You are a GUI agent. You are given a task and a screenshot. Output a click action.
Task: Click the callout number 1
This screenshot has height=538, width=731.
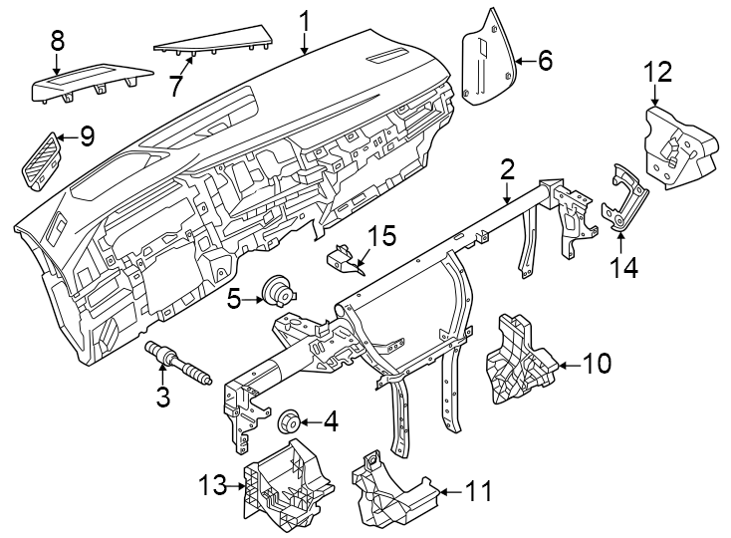(x=306, y=19)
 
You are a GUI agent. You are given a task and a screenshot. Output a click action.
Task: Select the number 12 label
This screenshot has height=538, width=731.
(x=657, y=72)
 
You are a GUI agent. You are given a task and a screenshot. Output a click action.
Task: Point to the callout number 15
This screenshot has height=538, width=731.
(x=382, y=237)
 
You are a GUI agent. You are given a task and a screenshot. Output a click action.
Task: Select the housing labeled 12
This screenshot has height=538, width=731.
(x=677, y=146)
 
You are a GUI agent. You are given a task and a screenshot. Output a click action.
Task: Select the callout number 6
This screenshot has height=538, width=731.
(x=544, y=61)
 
